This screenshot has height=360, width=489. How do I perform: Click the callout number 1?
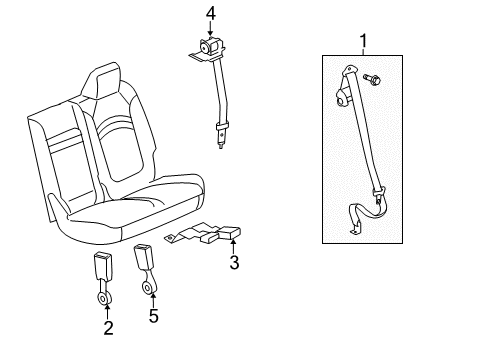pos(362,42)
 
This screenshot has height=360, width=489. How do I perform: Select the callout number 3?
pos(234,264)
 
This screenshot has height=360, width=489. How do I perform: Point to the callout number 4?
pos(210,13)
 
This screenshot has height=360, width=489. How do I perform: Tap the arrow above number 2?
pos(109,309)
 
